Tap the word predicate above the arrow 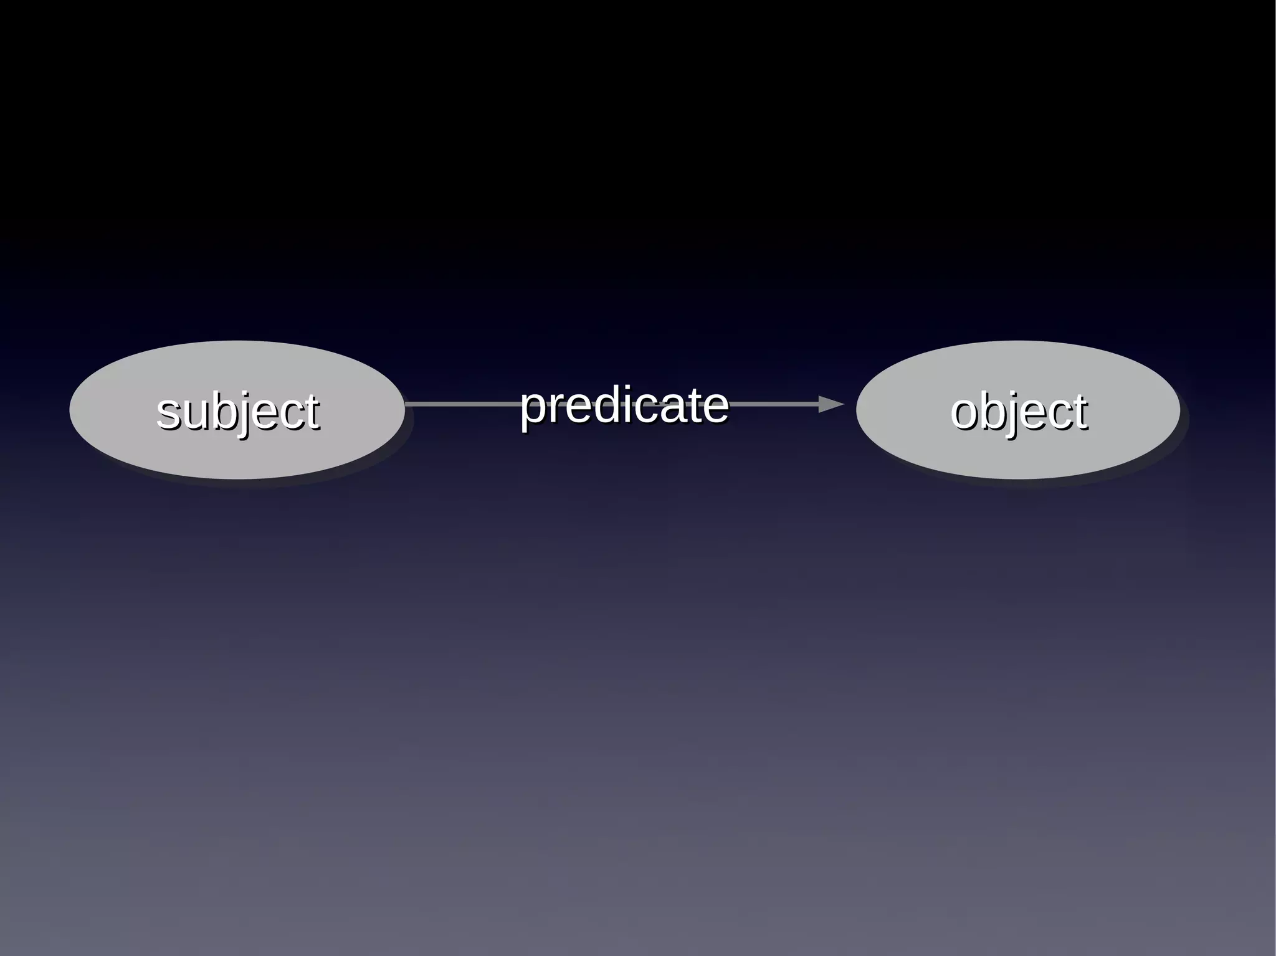pos(624,405)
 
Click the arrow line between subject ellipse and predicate pos(461,404)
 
